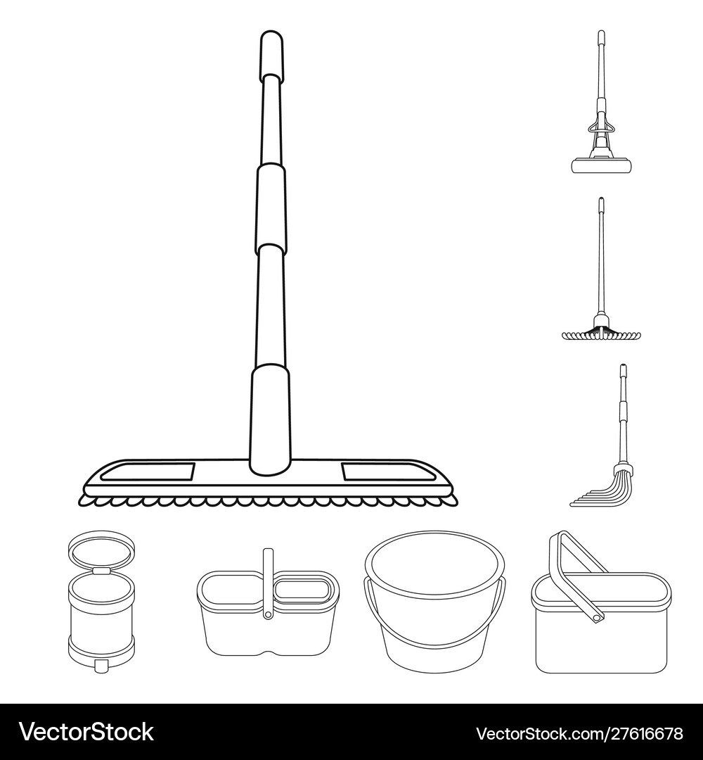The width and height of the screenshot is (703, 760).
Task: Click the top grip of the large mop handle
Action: click(x=271, y=53)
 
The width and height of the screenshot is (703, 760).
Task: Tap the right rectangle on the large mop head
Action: click(x=386, y=471)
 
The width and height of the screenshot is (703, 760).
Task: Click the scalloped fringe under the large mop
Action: click(x=267, y=500)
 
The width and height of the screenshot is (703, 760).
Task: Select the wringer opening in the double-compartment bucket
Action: click(x=306, y=590)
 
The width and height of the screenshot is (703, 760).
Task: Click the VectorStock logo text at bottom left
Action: click(x=86, y=733)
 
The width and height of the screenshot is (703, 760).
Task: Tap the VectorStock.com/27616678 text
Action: click(x=579, y=733)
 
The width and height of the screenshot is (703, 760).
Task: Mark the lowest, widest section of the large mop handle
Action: click(x=270, y=415)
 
